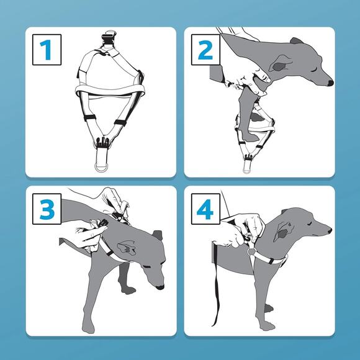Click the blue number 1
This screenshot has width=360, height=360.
[46, 50]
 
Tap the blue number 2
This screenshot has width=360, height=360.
[205, 50]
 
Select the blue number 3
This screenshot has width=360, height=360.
[47, 209]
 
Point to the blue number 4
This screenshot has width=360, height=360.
[205, 209]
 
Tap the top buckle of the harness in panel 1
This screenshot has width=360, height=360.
[109, 38]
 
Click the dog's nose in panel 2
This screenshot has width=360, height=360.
[330, 83]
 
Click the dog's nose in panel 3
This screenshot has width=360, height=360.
[160, 287]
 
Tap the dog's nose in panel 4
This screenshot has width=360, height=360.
[330, 230]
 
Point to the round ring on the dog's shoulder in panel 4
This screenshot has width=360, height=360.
[251, 251]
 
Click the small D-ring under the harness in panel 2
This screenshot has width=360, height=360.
[246, 171]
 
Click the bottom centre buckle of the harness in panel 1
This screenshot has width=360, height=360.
[101, 142]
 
